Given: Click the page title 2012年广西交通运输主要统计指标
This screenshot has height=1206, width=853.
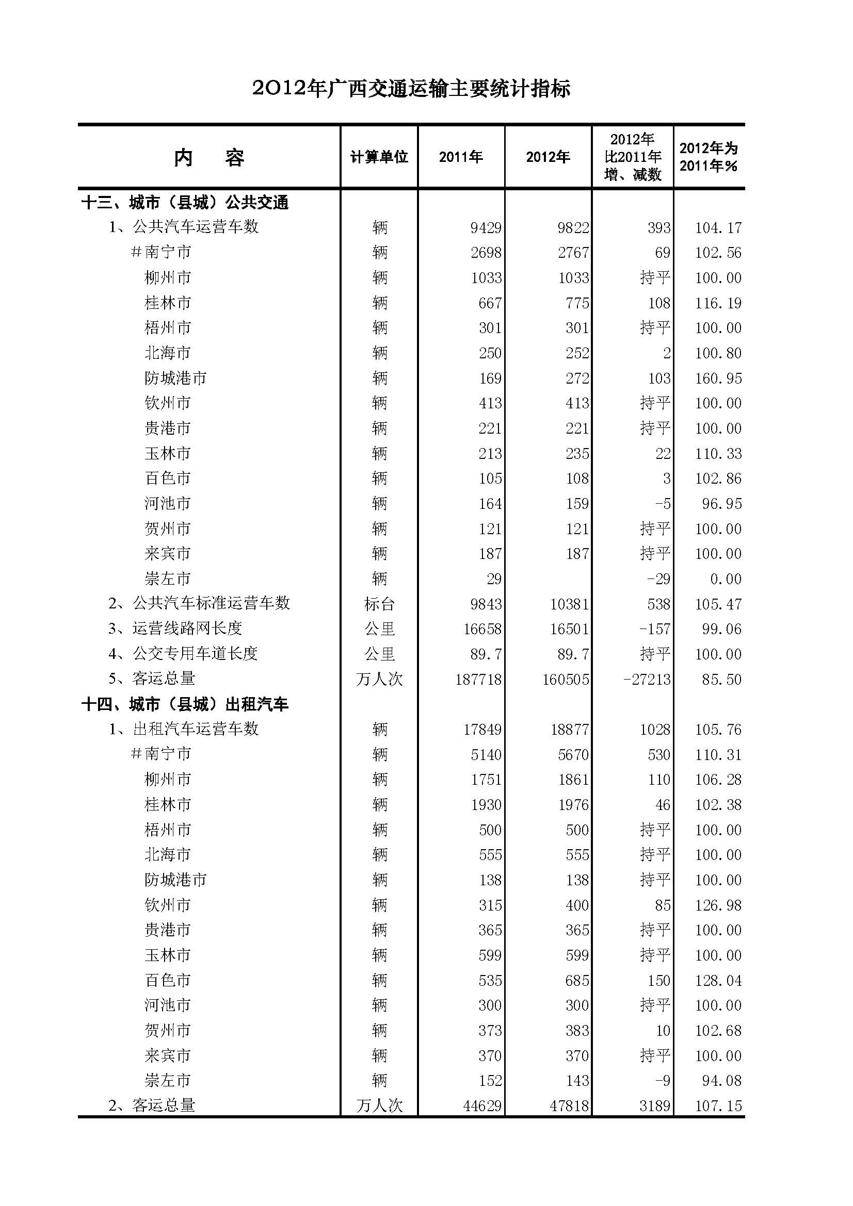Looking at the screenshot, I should point(411,89).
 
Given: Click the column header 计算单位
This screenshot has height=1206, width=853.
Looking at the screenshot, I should point(379,157).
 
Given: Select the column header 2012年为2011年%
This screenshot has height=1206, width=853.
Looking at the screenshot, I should point(708,157).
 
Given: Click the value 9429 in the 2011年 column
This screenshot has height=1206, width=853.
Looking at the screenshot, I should point(486,228).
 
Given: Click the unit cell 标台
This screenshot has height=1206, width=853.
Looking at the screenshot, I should point(379,604).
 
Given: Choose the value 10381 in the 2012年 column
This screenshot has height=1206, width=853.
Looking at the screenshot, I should point(569,604).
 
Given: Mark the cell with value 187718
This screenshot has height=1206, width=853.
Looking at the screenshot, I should point(478,680).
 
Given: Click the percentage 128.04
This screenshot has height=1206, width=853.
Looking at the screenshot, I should point(718,981).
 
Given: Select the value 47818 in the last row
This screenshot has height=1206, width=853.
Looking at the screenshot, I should point(569,1106).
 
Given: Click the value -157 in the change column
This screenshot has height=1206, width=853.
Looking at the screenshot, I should point(654,629).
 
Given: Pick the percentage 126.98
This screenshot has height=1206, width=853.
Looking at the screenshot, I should point(718,905).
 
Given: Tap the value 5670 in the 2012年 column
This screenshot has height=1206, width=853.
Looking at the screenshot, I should point(573,755).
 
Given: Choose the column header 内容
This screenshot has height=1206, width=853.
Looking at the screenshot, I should point(209,157).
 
